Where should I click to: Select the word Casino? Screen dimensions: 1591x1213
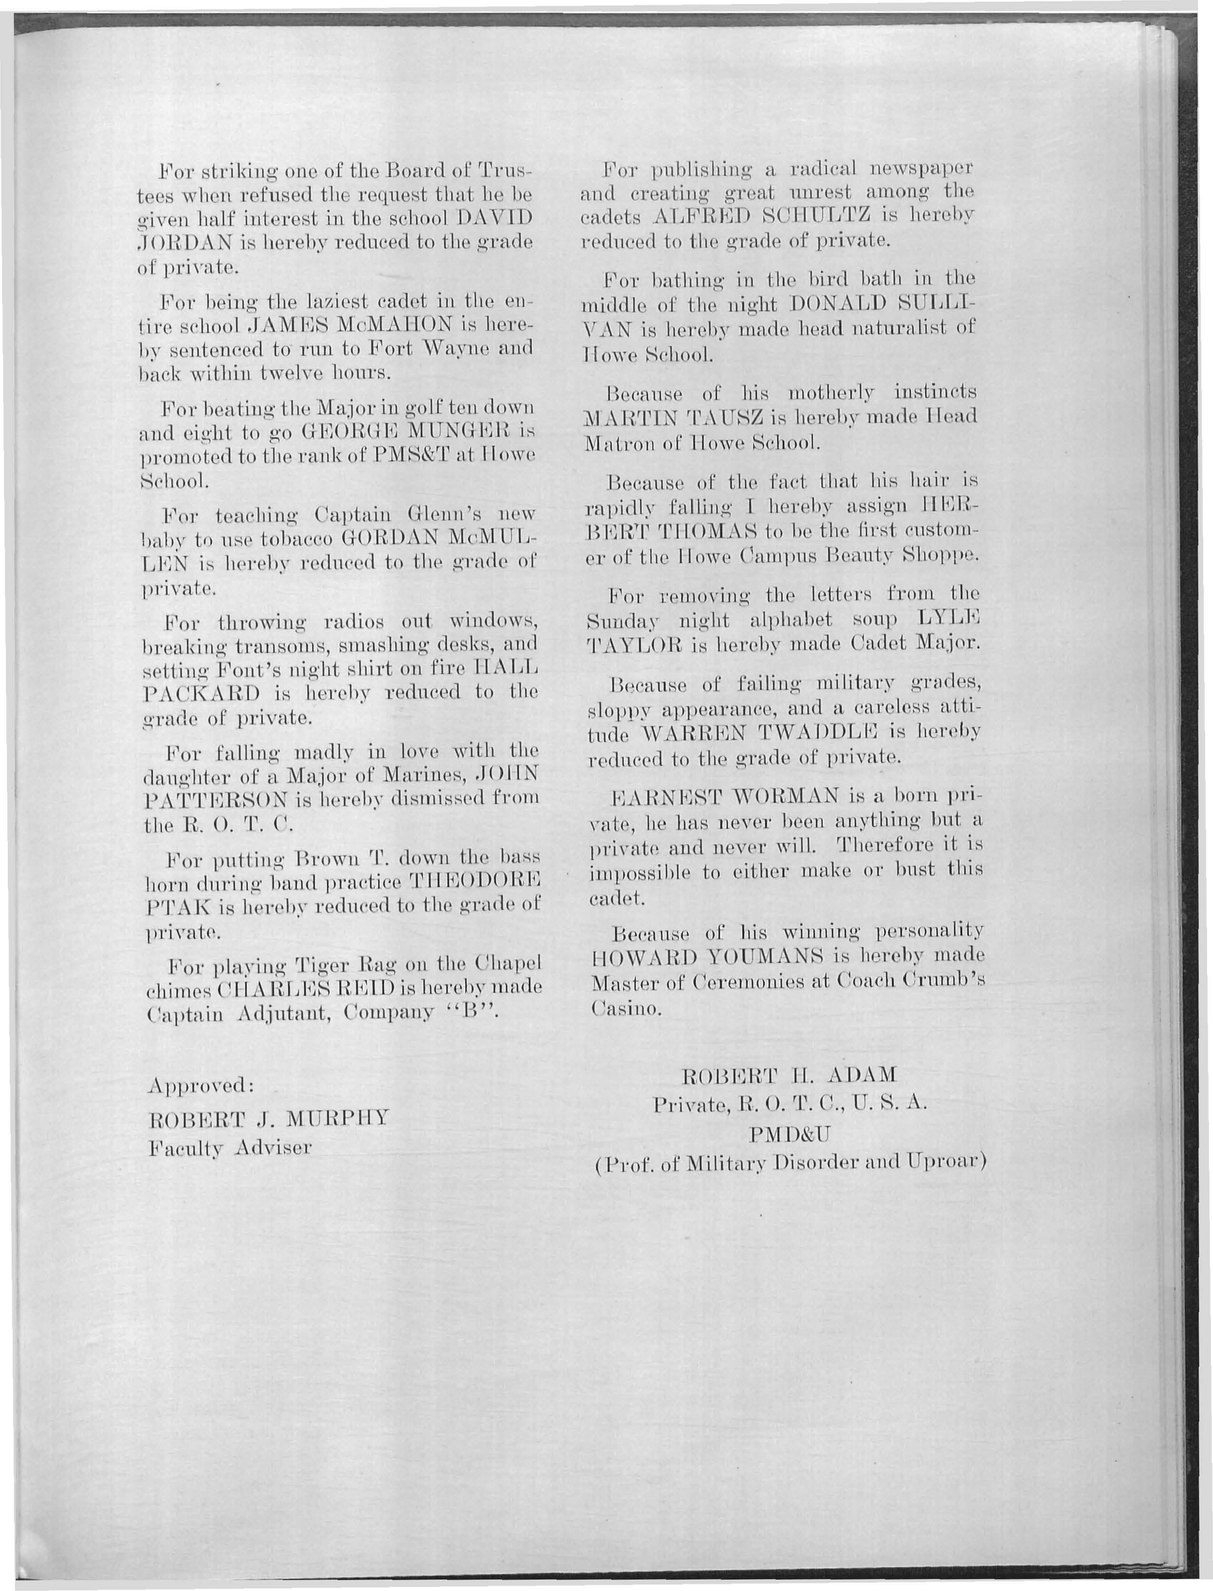pos(626,1010)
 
